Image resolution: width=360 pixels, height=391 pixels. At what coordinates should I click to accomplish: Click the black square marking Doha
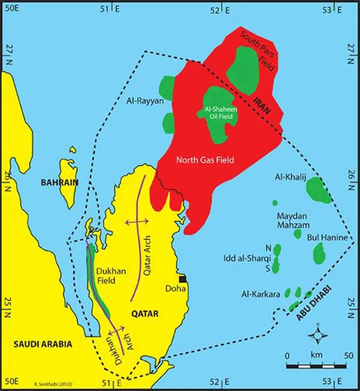(x=182, y=279)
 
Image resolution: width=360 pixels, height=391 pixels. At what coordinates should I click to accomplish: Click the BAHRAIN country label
(x=60, y=183)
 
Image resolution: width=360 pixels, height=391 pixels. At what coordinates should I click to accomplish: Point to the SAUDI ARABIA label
(x=43, y=344)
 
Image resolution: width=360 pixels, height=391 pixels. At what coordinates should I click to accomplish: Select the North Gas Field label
(x=205, y=160)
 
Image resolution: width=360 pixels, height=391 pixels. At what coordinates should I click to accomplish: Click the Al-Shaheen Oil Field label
(x=216, y=113)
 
